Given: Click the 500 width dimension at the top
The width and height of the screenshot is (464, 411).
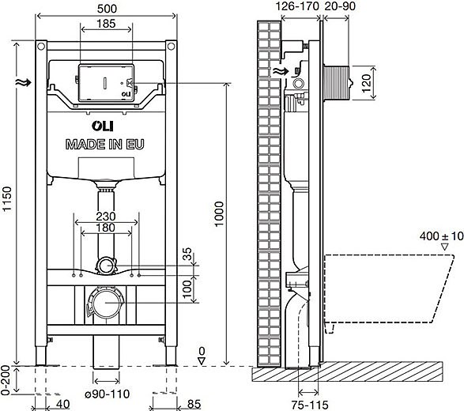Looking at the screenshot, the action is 107,9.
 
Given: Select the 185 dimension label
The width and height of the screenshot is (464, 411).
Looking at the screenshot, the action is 106,24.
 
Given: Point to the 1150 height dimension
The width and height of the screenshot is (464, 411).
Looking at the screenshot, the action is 7,198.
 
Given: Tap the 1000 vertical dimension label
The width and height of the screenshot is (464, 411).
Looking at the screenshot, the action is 219,214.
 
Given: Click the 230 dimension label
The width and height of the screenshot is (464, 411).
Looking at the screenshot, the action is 106,217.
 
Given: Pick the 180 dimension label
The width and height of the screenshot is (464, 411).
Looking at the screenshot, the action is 106,228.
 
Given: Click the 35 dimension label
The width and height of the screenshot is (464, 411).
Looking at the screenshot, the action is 187,254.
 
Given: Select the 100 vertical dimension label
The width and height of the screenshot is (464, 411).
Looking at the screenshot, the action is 187,290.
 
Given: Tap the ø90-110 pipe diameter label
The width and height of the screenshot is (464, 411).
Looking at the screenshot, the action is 108,394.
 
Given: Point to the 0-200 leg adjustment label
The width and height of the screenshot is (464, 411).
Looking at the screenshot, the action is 6,380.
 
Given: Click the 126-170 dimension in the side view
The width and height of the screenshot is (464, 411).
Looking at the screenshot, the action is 297,6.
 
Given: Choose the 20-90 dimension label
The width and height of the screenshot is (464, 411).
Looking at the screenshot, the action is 340,6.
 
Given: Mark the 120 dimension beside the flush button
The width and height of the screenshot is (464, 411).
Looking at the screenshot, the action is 366,83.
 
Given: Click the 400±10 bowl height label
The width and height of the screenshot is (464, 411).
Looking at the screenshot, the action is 441,236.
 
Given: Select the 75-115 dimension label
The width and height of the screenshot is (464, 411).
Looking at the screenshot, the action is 310,405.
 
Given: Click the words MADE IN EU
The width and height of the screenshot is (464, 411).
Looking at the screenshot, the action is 105,145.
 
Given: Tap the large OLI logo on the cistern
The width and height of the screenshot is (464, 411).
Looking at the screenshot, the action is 103,126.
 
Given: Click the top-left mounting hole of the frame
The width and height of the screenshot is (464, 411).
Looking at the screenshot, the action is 41,46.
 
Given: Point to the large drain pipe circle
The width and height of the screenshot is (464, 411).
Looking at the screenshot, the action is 107,303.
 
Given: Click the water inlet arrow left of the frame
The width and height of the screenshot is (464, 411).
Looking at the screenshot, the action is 24,82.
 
